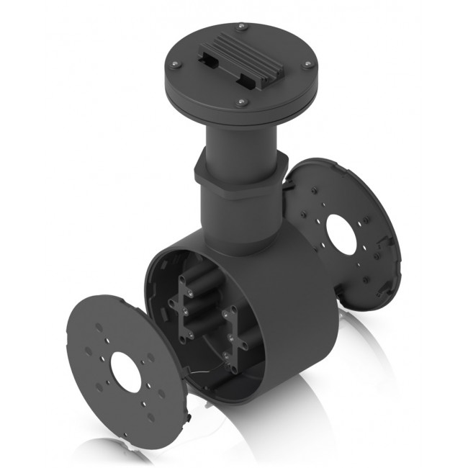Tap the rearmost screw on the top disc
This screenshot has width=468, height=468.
243,27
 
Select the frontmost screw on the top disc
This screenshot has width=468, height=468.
242,102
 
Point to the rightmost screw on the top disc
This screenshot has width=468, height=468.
307,64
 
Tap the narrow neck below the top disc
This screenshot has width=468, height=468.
241,140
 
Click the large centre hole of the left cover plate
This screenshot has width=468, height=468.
126,374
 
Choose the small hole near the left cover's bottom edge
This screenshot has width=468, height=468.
150,418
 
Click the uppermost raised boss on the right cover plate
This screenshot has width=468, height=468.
315,191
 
